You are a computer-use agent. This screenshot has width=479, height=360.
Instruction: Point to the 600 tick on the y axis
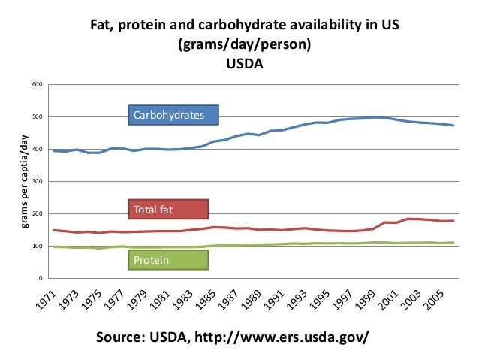[38, 83]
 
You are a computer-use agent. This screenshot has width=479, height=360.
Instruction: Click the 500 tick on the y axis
[38, 116]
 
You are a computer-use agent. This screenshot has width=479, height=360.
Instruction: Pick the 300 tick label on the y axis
[38, 181]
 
